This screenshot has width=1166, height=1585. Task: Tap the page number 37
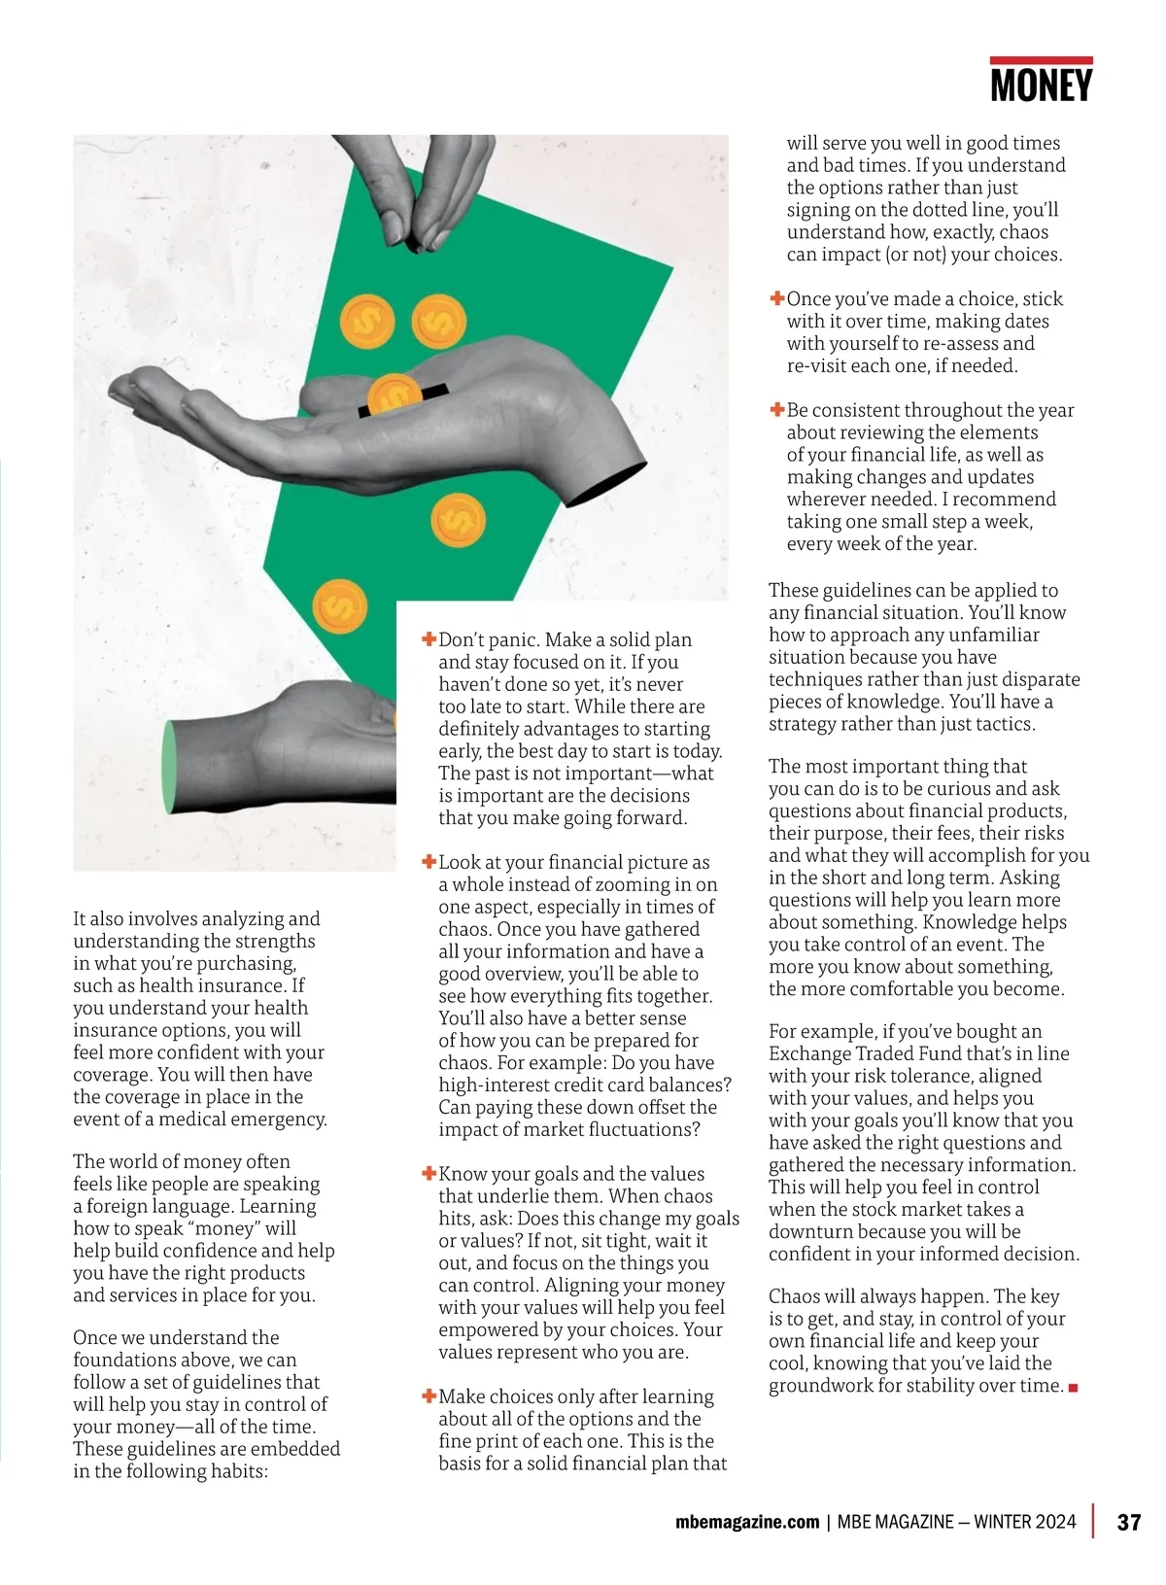pos(1128,1522)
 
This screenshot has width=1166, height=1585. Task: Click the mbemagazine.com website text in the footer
pos(746,1522)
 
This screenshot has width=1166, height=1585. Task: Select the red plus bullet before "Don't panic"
pos(429,639)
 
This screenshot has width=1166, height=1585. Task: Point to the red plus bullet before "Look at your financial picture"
pos(429,862)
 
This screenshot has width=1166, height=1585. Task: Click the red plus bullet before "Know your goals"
pos(429,1174)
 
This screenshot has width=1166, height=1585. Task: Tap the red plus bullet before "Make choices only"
pos(429,1396)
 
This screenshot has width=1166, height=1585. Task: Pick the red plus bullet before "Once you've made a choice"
pos(777,298)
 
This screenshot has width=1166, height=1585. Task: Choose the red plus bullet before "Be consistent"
pos(777,410)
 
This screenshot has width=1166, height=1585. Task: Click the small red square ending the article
pos(1073,1388)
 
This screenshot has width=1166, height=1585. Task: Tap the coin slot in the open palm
pos(403,399)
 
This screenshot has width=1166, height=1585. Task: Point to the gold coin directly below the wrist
pos(457,521)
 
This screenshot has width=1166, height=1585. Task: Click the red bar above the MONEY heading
pos(1041,60)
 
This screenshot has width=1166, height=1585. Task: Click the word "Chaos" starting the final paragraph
pos(794,1296)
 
